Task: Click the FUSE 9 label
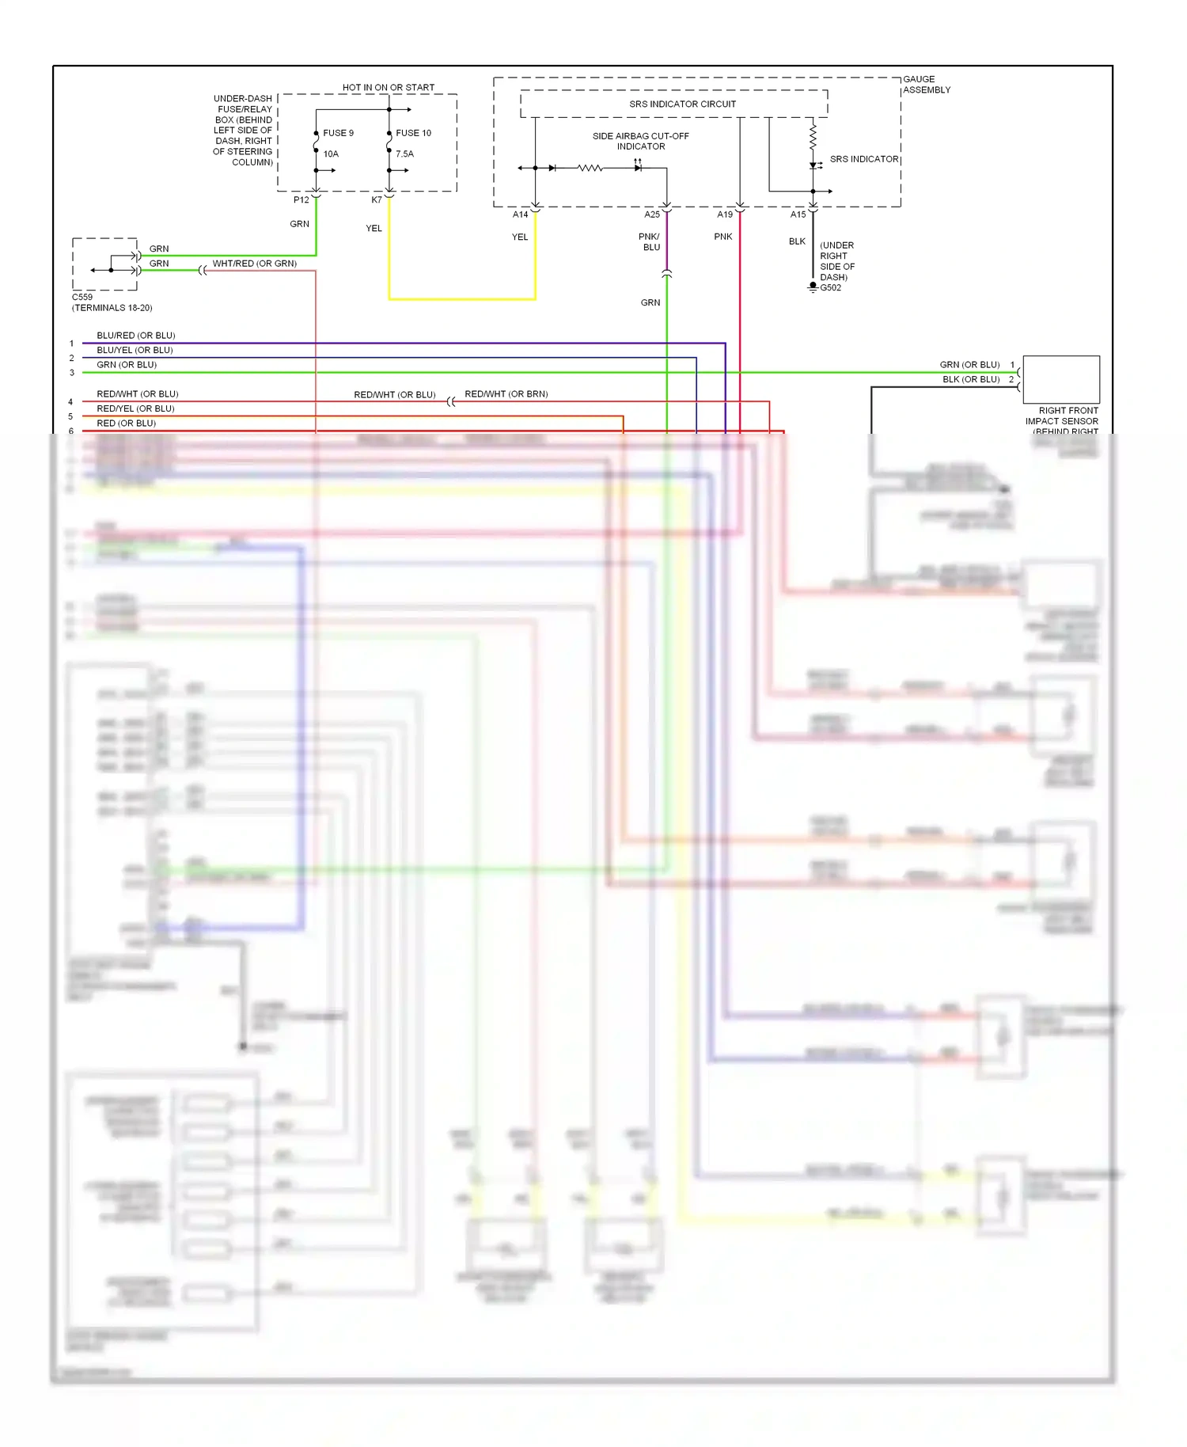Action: click(338, 133)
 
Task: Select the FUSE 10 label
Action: click(413, 133)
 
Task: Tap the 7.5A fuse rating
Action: click(404, 154)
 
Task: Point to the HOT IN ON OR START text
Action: click(388, 88)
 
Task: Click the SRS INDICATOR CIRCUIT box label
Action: click(682, 104)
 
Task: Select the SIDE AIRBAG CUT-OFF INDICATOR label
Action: click(640, 141)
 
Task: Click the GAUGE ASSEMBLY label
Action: click(926, 85)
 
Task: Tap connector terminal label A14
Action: click(520, 215)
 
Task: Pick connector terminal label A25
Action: click(651, 215)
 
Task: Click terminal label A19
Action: click(724, 215)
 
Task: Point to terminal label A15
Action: click(798, 215)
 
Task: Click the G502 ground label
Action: click(830, 288)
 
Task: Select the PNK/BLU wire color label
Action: click(650, 241)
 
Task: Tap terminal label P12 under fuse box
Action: click(301, 200)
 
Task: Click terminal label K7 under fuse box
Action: click(376, 200)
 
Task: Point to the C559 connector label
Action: click(82, 298)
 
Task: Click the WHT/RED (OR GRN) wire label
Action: click(254, 264)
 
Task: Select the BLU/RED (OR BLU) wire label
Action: click(135, 336)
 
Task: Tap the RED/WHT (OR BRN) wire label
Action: click(506, 394)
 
